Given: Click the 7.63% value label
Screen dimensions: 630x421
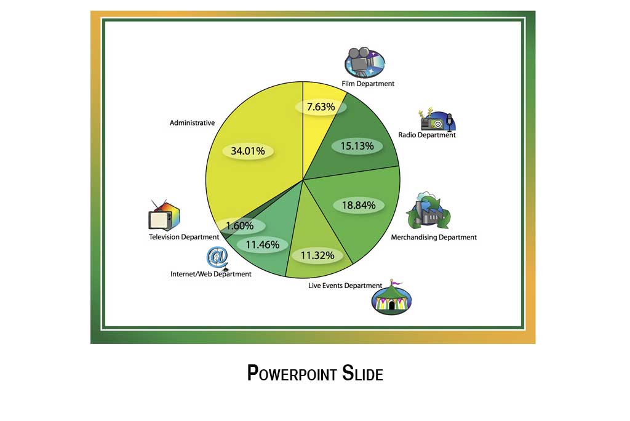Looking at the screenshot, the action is [x=321, y=107].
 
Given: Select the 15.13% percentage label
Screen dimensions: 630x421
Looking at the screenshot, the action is [x=357, y=146].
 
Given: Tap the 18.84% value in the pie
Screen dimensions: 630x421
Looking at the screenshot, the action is [x=359, y=206].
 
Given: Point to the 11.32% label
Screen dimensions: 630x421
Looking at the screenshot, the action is [x=317, y=255].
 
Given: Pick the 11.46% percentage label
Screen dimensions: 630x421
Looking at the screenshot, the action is [x=262, y=244].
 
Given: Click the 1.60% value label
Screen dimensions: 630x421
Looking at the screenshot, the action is [x=239, y=225].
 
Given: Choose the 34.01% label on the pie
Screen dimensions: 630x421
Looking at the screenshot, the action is [x=247, y=151].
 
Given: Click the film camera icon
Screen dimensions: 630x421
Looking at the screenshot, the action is [x=364, y=63].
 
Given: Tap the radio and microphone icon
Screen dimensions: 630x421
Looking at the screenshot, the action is [x=436, y=119].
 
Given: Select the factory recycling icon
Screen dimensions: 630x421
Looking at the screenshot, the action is [x=428, y=210].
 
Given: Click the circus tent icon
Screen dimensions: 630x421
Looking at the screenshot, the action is [x=392, y=297].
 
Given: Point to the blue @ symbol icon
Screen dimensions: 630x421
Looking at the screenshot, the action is [x=217, y=258].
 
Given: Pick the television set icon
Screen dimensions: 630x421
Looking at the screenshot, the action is [x=164, y=215].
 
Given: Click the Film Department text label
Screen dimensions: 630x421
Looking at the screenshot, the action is [x=368, y=84].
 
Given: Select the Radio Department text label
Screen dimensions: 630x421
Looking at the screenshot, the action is [x=427, y=135].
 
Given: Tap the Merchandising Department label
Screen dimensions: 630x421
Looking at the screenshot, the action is [x=434, y=237].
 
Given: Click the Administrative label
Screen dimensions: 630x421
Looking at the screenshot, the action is [x=192, y=122].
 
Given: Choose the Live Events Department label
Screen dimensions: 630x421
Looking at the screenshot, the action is [x=345, y=286].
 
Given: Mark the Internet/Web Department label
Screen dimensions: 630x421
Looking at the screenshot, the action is [x=211, y=274].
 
